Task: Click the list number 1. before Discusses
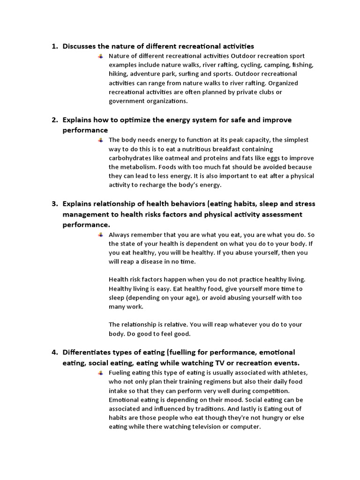[54, 46]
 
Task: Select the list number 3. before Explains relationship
[54, 204]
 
